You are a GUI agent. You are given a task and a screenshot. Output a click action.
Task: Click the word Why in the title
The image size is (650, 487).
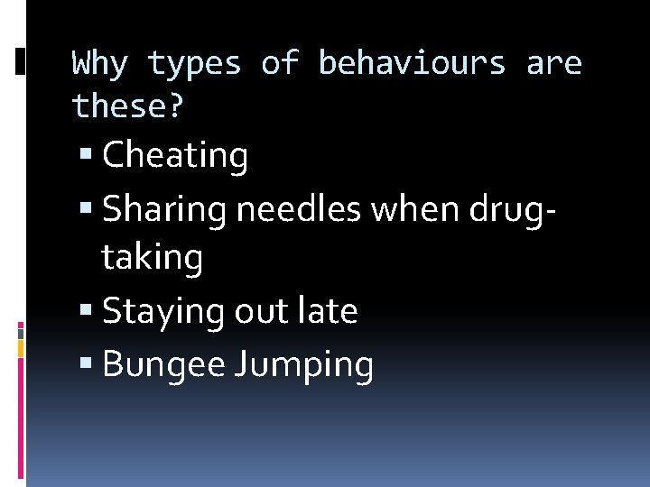click(x=100, y=64)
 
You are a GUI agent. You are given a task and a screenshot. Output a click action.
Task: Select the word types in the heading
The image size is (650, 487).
click(x=195, y=64)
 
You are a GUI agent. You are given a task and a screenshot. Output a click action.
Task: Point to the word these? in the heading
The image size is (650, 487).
click(x=128, y=107)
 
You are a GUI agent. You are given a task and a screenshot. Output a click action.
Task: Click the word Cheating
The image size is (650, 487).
click(x=175, y=156)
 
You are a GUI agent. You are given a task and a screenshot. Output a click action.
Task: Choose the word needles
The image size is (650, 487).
click(x=299, y=209)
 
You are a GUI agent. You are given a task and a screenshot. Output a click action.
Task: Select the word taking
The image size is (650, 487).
click(x=153, y=259)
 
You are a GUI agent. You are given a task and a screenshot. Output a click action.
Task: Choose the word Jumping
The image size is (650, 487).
click(x=304, y=366)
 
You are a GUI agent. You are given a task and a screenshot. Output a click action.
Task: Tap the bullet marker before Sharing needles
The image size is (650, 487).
click(x=85, y=210)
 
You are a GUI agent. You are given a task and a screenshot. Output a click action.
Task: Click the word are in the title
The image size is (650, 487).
click(x=554, y=64)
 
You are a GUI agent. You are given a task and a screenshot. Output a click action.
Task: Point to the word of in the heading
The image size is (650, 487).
click(x=280, y=64)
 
